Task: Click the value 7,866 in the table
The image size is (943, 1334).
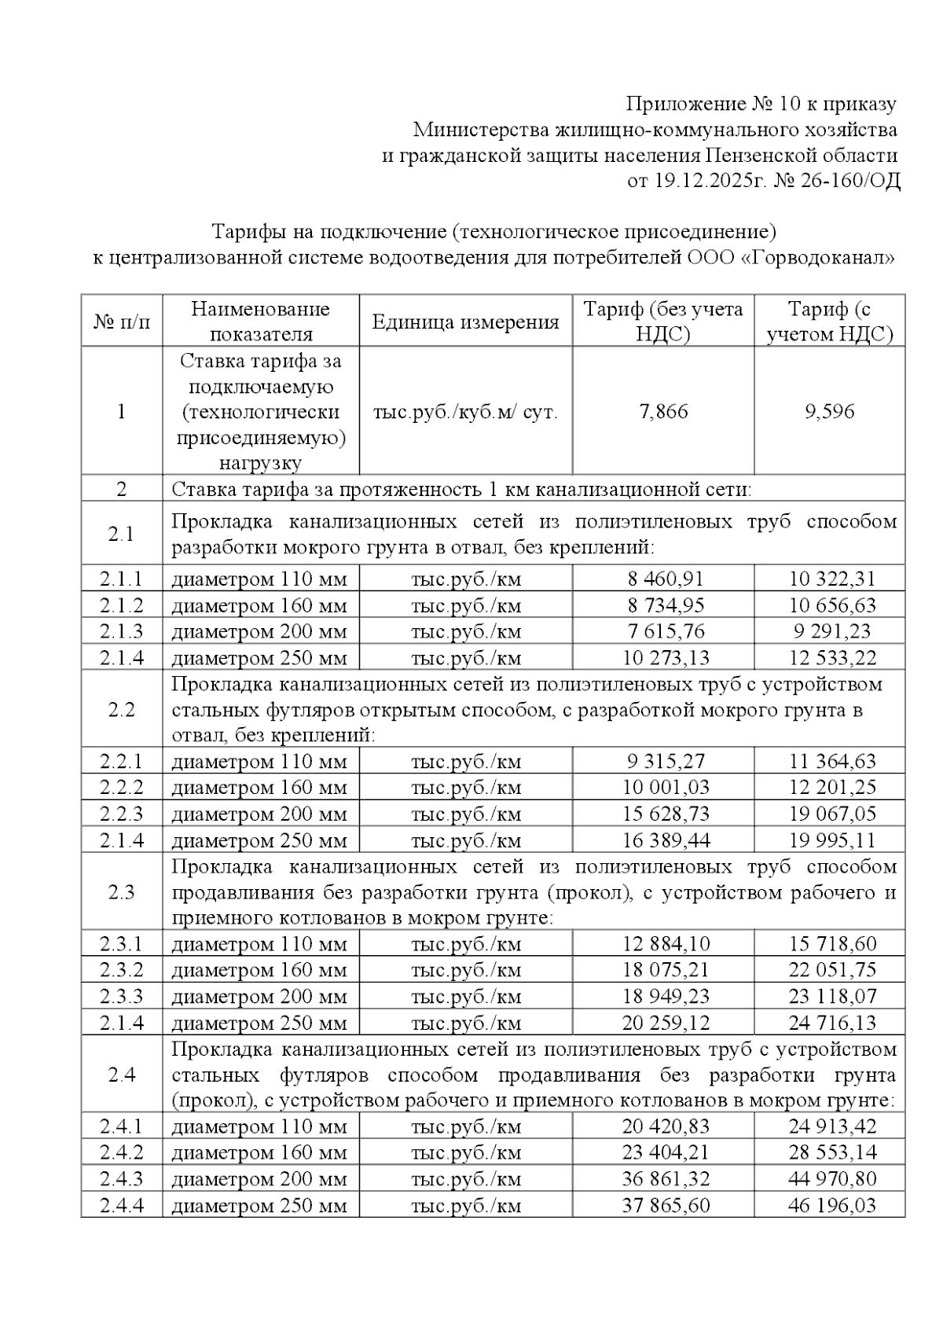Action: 664,412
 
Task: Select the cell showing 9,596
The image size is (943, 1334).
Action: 830,412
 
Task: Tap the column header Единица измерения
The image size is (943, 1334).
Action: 465,322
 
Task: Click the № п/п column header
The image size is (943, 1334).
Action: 122,322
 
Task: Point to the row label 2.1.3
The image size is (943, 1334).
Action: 122,631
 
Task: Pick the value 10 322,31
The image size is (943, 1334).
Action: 831,579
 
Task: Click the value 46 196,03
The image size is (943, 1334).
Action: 831,1205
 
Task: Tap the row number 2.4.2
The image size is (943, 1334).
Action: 122,1152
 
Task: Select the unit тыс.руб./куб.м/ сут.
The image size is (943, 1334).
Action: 465,412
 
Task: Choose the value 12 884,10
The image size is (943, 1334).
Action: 666,943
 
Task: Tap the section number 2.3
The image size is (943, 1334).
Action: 122,892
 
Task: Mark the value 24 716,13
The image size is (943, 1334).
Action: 831,1023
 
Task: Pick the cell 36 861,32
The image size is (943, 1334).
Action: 666,1179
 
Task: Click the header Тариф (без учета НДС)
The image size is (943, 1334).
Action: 663,322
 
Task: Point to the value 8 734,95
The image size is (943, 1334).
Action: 666,605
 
